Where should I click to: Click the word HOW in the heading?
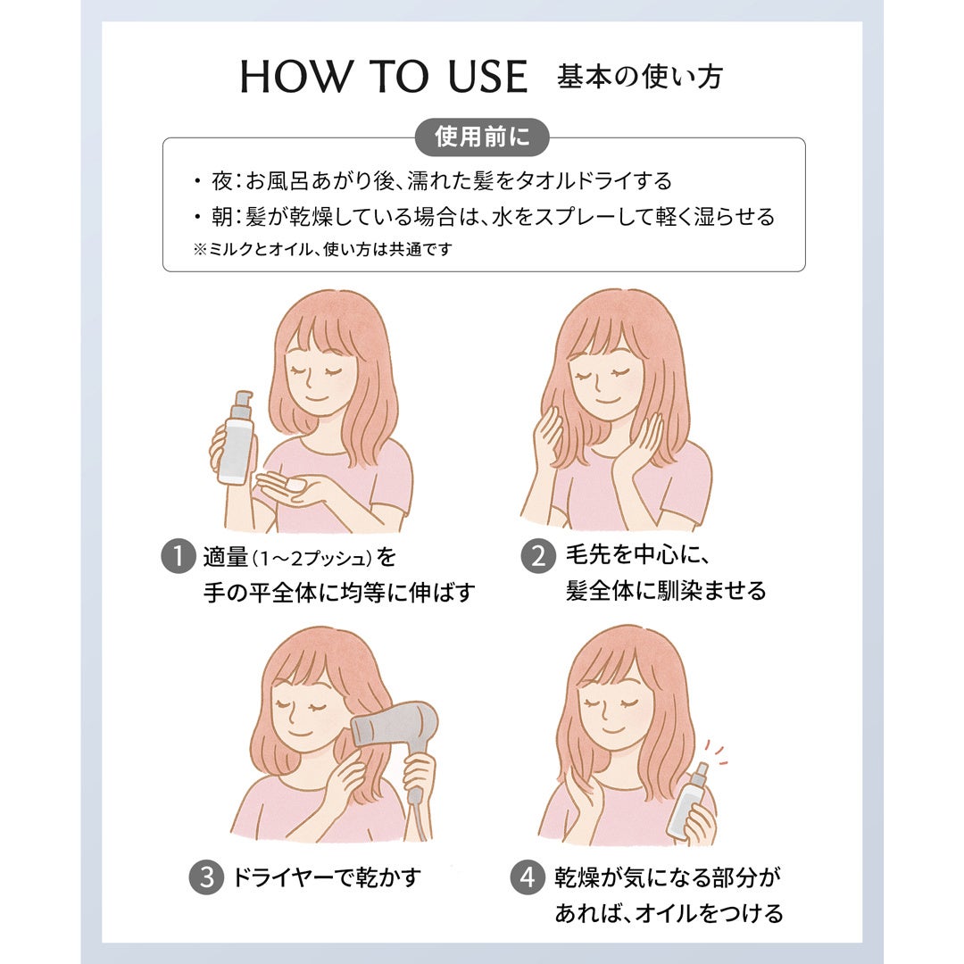tap(295, 77)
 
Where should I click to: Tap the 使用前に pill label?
tap(482, 137)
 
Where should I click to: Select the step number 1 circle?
tap(179, 556)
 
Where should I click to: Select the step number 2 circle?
tap(538, 556)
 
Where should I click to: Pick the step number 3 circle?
tap(206, 877)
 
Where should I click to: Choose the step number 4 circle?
tap(528, 877)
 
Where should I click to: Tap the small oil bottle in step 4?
tap(690, 799)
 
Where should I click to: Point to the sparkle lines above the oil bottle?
tap(716, 753)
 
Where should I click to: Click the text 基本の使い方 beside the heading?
tap(640, 77)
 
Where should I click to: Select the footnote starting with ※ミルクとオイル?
tap(323, 249)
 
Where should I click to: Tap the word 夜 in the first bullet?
tap(221, 180)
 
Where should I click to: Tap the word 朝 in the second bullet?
tap(221, 216)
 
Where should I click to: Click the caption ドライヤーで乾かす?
tap(327, 877)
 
